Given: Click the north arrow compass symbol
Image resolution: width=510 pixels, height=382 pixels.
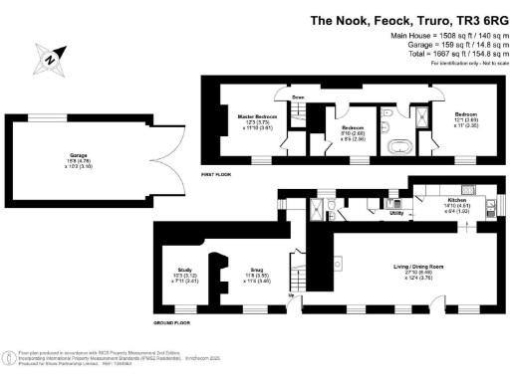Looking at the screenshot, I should (47, 60).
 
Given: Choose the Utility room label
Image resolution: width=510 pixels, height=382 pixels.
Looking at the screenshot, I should (395, 213).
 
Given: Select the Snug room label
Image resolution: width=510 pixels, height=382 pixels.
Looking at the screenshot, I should (256, 269).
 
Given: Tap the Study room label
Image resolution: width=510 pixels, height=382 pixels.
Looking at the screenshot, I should (184, 270).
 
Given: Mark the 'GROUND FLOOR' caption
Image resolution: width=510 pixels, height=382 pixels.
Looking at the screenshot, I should (171, 322).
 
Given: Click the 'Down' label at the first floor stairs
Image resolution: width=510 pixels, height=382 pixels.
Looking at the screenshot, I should (298, 97).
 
